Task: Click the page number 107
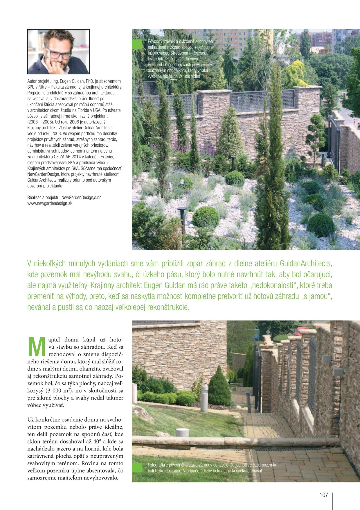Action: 323,495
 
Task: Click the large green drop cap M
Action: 37,347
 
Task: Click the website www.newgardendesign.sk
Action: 50,203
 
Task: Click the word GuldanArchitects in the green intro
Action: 306,264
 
